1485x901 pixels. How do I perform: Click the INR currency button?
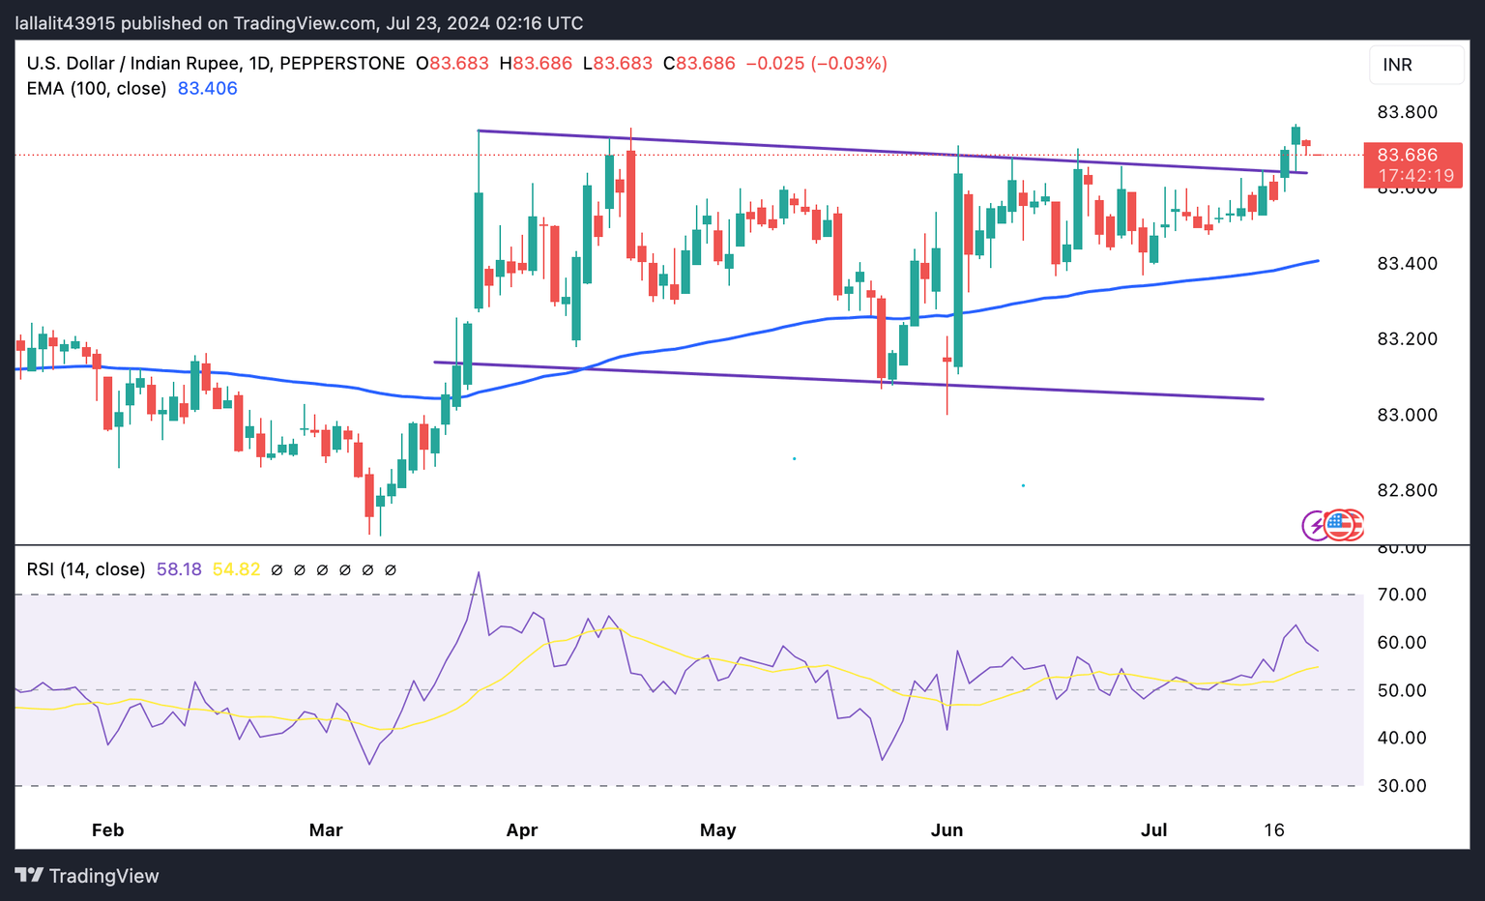tap(1416, 65)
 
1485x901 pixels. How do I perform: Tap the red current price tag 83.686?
tap(1412, 155)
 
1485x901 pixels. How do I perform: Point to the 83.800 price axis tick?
tap(1407, 112)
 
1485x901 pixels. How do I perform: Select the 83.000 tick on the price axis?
tap(1407, 415)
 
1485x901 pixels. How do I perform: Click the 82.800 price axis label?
tap(1407, 490)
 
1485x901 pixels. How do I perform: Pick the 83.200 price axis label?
tap(1407, 339)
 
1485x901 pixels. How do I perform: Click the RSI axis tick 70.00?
tap(1402, 595)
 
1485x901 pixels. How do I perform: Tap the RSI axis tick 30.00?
tap(1402, 786)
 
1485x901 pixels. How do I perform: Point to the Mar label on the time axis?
tap(326, 830)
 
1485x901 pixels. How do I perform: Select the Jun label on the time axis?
tap(946, 830)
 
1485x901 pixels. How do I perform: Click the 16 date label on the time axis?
tap(1274, 830)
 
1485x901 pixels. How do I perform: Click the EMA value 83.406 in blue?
tap(208, 89)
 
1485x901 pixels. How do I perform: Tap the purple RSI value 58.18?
tap(179, 569)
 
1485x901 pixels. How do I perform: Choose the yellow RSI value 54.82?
tap(236, 569)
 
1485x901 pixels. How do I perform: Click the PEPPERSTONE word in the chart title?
tap(342, 64)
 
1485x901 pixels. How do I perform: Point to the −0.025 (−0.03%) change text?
tap(816, 64)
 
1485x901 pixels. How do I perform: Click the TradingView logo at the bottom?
tap(87, 876)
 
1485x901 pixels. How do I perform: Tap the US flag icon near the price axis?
tap(1339, 525)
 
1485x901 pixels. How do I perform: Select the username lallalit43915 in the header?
tap(68, 23)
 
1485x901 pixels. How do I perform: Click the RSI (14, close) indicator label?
tap(86, 569)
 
